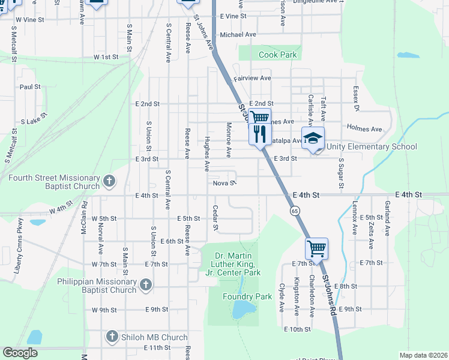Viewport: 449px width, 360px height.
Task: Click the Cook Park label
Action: click(x=278, y=55)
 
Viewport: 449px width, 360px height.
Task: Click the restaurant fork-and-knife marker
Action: click(x=260, y=134)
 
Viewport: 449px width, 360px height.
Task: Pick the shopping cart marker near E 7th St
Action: click(x=316, y=247)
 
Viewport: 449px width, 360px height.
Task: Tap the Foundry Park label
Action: click(x=247, y=296)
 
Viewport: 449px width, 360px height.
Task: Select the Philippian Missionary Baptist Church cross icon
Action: click(x=145, y=286)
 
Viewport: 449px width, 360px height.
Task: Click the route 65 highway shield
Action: click(x=295, y=211)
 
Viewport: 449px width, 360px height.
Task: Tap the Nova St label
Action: click(x=222, y=183)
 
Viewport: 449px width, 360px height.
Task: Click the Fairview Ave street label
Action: click(x=252, y=78)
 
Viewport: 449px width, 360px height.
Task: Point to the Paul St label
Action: click(x=29, y=86)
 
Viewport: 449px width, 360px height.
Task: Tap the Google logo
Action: click(x=20, y=353)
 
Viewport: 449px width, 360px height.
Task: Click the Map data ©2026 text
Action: click(x=423, y=355)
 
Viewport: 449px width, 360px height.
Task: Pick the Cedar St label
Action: click(x=215, y=218)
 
